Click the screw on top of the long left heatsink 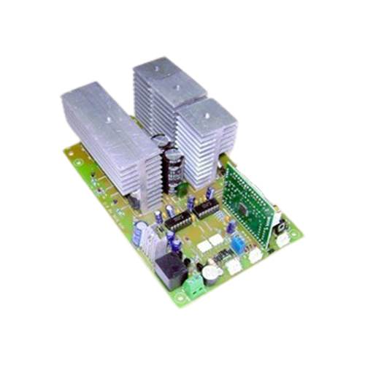coord(107,115)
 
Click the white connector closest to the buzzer coord(233,267)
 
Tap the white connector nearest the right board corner coord(281,239)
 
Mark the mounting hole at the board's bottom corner coord(181,301)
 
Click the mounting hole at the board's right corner coord(293,235)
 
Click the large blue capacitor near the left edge coord(138,231)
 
